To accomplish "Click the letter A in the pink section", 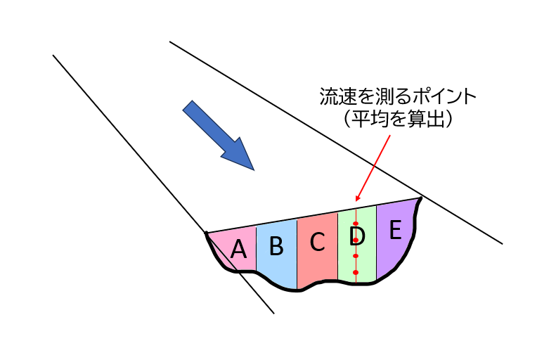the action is pyautogui.click(x=238, y=249).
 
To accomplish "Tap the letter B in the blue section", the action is pyautogui.click(x=276, y=245).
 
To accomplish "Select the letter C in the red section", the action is pyautogui.click(x=317, y=242).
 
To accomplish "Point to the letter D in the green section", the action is pyautogui.click(x=357, y=236).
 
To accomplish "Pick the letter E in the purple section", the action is pyautogui.click(x=395, y=230).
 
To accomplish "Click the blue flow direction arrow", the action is pyautogui.click(x=219, y=136).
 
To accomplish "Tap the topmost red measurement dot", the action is pyautogui.click(x=356, y=224).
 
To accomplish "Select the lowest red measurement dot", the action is pyautogui.click(x=356, y=272).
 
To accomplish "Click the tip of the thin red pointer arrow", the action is pyautogui.click(x=356, y=202).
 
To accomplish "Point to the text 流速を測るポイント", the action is pyautogui.click(x=398, y=96).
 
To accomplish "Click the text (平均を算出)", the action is pyautogui.click(x=398, y=119).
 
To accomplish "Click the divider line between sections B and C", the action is pyautogui.click(x=297, y=255).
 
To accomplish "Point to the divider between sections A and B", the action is pyautogui.click(x=256, y=249).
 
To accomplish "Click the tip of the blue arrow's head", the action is pyautogui.click(x=254, y=171).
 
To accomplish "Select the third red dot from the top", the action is pyautogui.click(x=356, y=256).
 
